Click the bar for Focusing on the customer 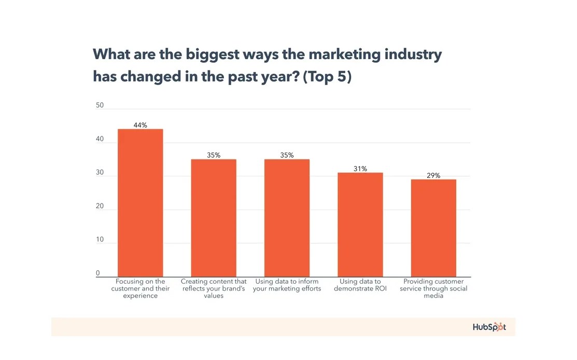[140, 203]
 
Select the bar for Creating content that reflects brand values [214, 218]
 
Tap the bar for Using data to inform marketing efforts [287, 218]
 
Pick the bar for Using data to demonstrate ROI [360, 225]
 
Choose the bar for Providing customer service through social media [433, 228]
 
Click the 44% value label [140, 125]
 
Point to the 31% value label [360, 169]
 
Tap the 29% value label [433, 175]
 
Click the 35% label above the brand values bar [214, 155]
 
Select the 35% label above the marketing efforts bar [287, 155]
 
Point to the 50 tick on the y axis [100, 105]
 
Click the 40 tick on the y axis [100, 139]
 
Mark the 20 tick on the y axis [100, 206]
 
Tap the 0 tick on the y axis [97, 273]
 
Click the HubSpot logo [489, 327]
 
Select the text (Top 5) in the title [327, 77]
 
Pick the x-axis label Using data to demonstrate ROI [360, 285]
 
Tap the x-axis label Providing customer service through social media [433, 288]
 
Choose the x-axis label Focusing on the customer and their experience [140, 288]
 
